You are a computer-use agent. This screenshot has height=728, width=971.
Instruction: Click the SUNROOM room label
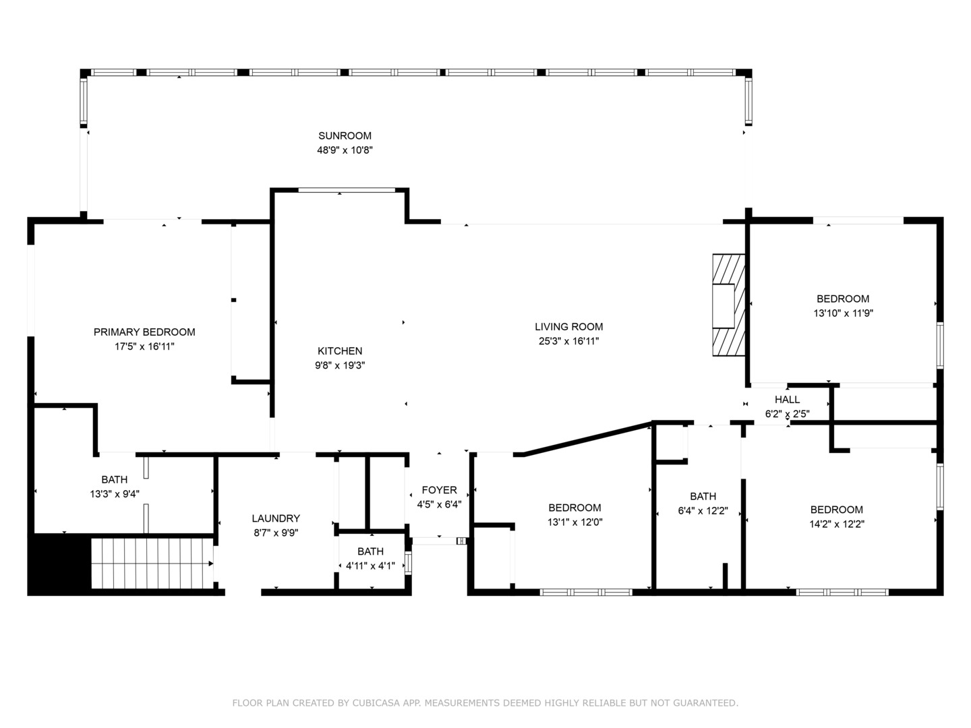pos(345,135)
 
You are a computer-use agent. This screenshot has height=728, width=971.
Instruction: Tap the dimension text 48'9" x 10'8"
pos(345,150)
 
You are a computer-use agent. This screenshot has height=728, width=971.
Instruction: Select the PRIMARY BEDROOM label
pos(144,332)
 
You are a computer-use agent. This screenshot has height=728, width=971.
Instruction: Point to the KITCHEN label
pos(340,351)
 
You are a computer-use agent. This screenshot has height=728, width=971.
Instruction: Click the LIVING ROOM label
pos(568,327)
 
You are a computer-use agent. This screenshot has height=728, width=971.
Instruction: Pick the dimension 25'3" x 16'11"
pos(568,341)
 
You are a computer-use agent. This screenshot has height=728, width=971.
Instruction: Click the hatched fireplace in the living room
pos(729,305)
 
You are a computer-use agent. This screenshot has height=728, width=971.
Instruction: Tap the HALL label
pos(787,400)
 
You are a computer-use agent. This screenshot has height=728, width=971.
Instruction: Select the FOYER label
pos(439,490)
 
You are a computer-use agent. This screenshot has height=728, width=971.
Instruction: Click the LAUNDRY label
pos(276,518)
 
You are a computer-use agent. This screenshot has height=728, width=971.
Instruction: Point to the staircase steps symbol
pos(152,564)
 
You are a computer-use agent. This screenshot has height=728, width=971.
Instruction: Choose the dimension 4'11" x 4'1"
pos(370,566)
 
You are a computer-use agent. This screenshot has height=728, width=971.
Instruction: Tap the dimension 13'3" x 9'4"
pos(114,494)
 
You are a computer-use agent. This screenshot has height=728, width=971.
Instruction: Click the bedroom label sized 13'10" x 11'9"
pos(843,299)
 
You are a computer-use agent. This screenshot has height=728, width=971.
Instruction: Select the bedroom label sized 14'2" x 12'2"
pos(836,510)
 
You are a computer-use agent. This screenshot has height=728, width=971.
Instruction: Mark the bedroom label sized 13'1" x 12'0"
pos(575,508)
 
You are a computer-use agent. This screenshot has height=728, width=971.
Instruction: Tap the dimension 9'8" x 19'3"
pos(340,365)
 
